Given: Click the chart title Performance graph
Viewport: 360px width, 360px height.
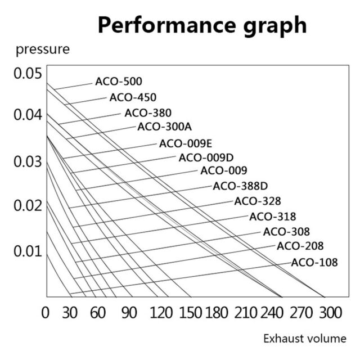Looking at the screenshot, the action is click(x=202, y=26).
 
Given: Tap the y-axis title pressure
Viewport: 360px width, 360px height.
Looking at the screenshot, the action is click(x=43, y=50).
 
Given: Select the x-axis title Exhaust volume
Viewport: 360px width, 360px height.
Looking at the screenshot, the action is click(x=305, y=339).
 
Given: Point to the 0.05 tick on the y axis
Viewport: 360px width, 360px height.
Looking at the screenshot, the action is click(x=28, y=74).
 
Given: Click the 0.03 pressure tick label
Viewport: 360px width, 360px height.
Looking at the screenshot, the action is click(x=28, y=161).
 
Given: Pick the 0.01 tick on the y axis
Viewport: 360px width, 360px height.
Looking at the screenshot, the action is click(x=28, y=251).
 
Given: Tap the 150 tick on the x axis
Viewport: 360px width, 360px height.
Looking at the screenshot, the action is click(x=191, y=313).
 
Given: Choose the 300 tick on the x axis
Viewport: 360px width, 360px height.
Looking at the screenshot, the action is click(x=331, y=313).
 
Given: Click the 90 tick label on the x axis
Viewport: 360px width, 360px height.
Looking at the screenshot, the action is click(x=129, y=313).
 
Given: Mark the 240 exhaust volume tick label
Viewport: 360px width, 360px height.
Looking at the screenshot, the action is click(x=272, y=313).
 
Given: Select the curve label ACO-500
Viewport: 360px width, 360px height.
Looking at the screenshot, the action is click(x=119, y=81).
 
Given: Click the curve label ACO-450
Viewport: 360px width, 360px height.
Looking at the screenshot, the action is click(x=133, y=97).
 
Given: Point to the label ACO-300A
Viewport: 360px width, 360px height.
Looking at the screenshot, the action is click(x=165, y=127).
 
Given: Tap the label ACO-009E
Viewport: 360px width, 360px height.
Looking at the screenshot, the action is click(x=186, y=144).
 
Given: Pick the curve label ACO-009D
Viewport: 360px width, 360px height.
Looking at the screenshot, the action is click(x=206, y=157).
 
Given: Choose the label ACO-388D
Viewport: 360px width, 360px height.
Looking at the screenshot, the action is click(x=240, y=186).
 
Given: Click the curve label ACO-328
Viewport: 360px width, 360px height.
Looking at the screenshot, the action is click(x=258, y=201).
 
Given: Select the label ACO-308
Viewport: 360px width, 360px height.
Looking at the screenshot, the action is click(x=286, y=232).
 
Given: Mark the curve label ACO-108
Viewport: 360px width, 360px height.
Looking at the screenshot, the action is click(x=314, y=263).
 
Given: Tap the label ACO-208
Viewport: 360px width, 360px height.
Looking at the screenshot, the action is click(x=300, y=246).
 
